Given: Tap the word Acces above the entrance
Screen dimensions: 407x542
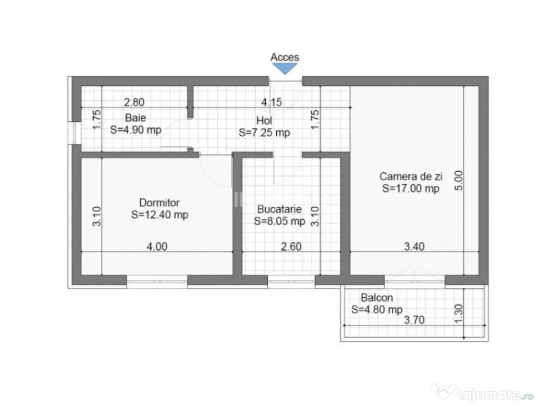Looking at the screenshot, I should (285, 57).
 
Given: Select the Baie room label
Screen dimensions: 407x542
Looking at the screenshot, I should (135, 118).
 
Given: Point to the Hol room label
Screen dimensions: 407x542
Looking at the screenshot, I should (264, 121).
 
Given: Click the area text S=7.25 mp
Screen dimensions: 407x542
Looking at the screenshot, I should (264, 132).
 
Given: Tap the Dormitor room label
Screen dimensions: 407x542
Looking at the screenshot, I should (159, 202).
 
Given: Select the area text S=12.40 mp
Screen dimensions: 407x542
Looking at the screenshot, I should (159, 215).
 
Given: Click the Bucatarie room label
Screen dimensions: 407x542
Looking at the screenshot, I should (279, 209).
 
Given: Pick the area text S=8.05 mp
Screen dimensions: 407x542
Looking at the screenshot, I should (279, 221).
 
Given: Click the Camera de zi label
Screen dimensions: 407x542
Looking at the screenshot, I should (410, 176).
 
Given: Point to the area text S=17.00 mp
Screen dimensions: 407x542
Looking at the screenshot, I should (410, 188).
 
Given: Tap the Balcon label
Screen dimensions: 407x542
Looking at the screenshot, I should (377, 298).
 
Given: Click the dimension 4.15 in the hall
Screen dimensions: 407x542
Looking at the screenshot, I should (270, 102).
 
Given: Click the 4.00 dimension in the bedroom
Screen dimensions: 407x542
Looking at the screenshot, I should (157, 246).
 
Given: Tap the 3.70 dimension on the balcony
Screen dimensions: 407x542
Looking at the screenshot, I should (414, 320).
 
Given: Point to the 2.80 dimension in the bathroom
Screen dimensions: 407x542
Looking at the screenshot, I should (134, 102).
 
